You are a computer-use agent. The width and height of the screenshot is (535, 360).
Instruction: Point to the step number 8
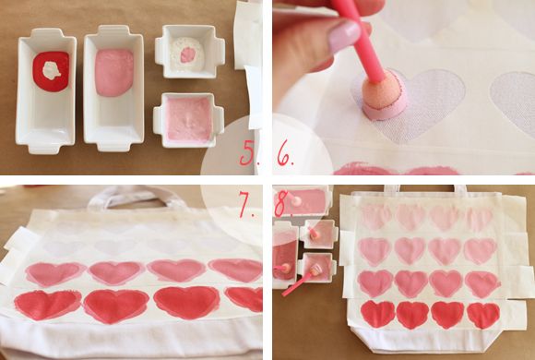coord(282,204)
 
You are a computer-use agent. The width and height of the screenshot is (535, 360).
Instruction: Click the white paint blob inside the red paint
coord(52,71)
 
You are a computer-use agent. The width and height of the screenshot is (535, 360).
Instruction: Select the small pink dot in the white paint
coord(188,54)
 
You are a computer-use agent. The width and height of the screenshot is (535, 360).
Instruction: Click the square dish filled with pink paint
coord(189,120)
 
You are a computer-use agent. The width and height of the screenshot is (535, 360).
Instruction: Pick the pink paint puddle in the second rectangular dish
coord(114,72)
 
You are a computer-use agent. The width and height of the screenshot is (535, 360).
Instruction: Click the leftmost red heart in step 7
coord(47,305)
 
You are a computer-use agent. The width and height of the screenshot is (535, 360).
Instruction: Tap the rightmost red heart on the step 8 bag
coord(483,315)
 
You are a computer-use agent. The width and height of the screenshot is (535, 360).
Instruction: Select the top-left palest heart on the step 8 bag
coord(376,217)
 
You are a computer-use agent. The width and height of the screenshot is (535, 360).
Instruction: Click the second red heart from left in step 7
coord(116,306)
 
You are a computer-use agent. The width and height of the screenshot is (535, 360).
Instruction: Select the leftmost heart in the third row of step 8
coord(375,283)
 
